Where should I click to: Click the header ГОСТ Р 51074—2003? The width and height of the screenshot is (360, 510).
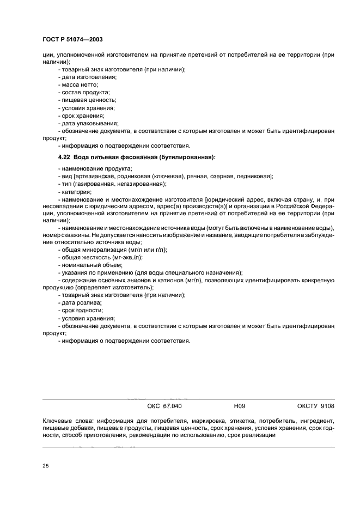pyautogui.click(x=72, y=40)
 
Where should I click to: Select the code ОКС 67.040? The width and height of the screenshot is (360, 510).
pyautogui.click(x=164, y=406)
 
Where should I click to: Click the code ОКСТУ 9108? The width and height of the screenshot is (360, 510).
pyautogui.click(x=315, y=406)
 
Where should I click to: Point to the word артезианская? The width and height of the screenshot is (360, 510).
pyautogui.click(x=95, y=176)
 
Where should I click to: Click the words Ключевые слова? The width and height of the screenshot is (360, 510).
pyautogui.click(x=65, y=421)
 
